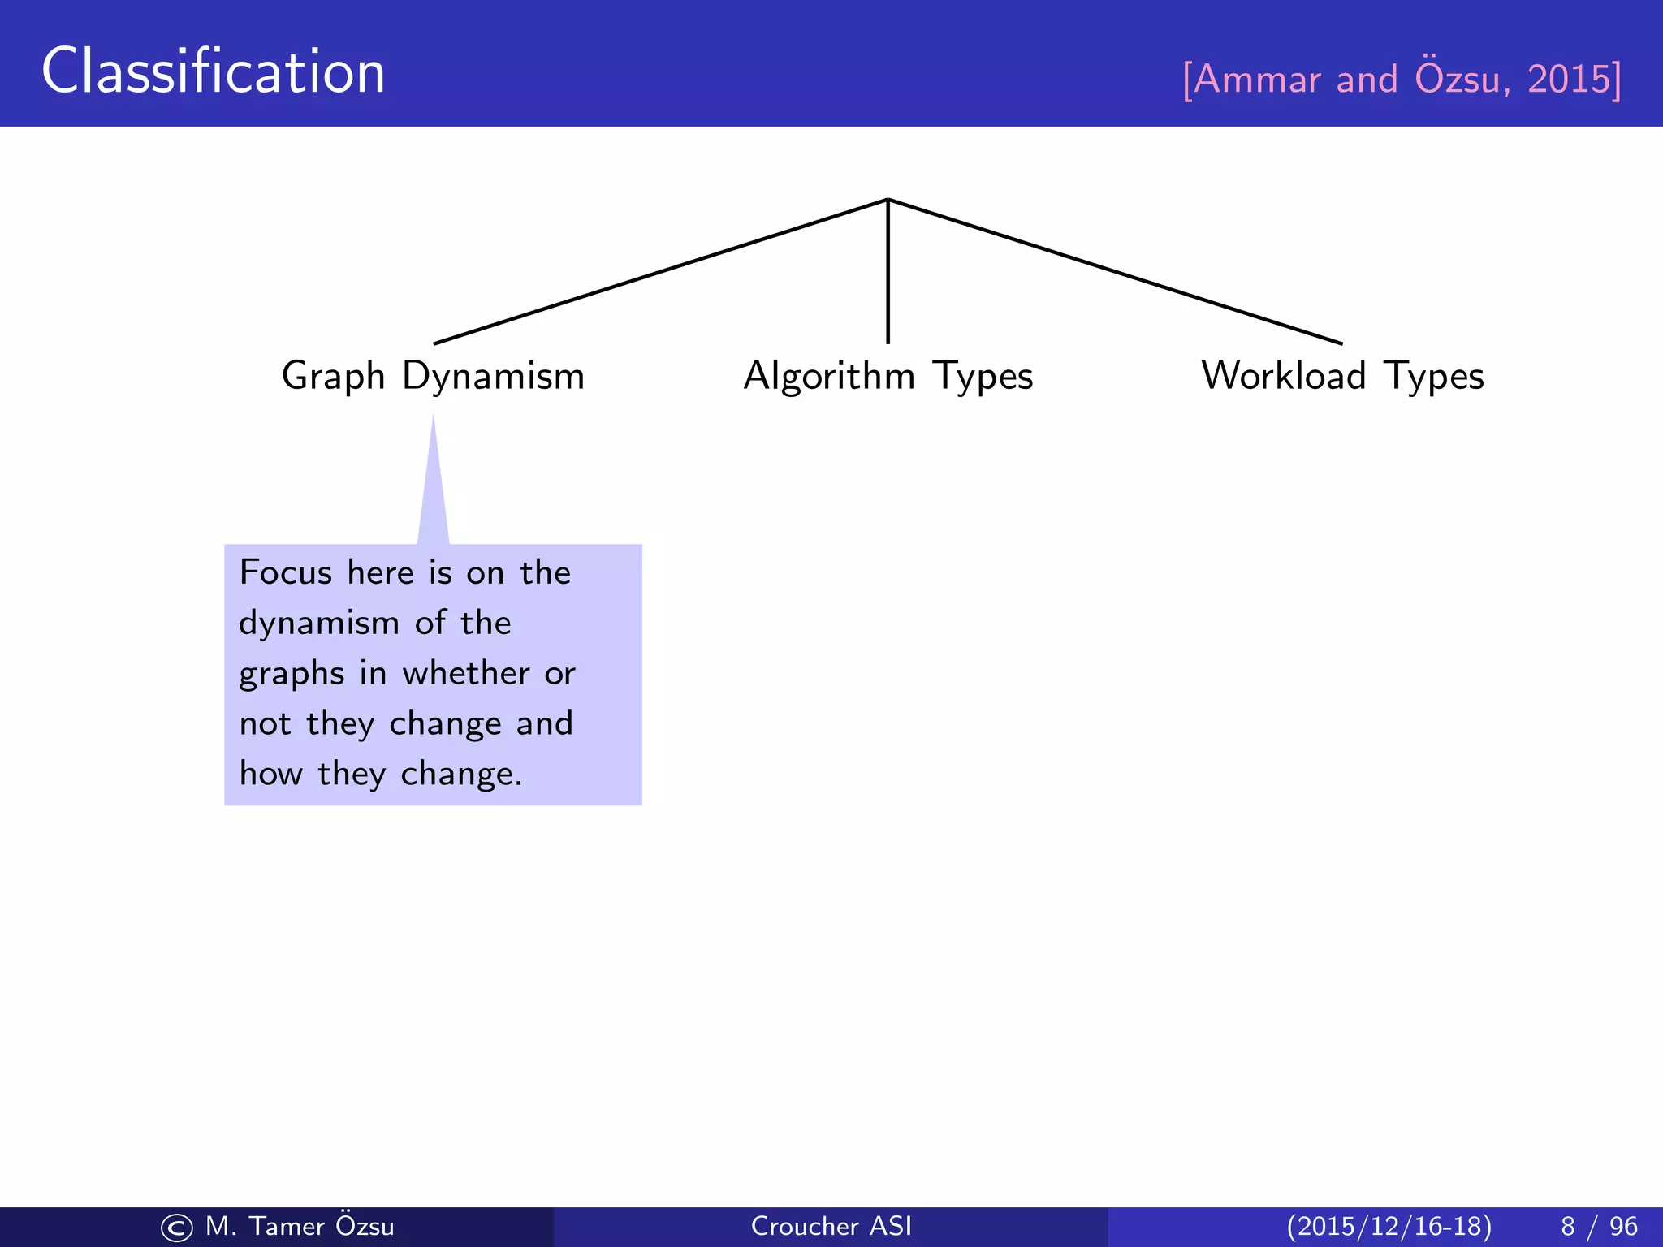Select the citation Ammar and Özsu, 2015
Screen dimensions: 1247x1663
tap(1402, 79)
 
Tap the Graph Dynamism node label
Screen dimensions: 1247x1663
tap(433, 376)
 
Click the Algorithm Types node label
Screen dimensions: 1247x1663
tap(888, 376)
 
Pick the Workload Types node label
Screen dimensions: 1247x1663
tap(1342, 376)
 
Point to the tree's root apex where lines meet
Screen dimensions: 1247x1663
tap(888, 200)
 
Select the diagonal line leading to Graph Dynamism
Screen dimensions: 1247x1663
tap(659, 272)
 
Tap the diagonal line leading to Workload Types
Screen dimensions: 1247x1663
tap(1116, 272)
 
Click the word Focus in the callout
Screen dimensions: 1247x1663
tap(286, 573)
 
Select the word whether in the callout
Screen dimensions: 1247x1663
tap(466, 674)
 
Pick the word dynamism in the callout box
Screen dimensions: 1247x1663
tap(319, 623)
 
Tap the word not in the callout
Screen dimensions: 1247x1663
tap(265, 724)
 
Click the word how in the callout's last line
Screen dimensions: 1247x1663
tap(270, 775)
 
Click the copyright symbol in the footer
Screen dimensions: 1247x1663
tap(177, 1228)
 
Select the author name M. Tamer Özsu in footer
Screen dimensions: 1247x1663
tap(300, 1226)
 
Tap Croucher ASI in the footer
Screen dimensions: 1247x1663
tap(831, 1226)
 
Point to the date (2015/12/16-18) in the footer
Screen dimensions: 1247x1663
tap(1389, 1226)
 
